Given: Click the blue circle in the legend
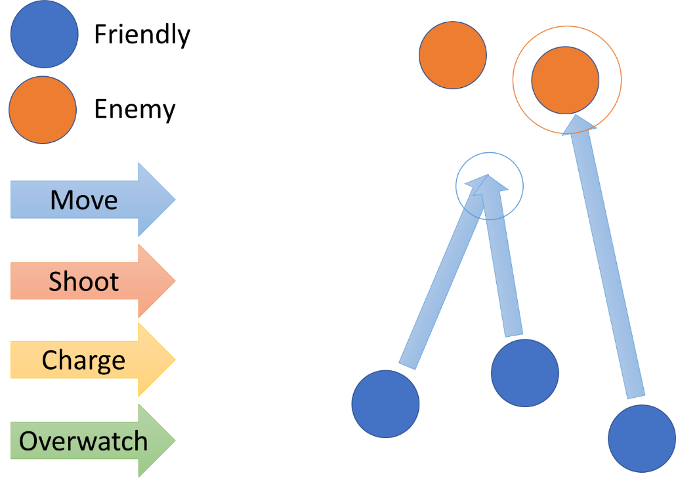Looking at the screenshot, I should pos(44,34).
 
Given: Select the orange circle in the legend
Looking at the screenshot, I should pos(43,110).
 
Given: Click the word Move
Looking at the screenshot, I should pos(84,200).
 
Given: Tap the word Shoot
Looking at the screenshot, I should pos(84,282).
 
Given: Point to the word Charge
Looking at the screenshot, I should pos(83,360).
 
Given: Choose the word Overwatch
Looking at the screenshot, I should pos(83,441).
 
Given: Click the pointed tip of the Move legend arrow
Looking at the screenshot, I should pos(174,200).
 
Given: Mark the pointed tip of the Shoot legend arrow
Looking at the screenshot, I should pos(174,281).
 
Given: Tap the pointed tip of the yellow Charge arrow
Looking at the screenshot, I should pos(174,360).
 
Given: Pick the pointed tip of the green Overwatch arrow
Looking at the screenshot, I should pos(174,441).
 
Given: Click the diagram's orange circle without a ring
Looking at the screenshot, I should pos(453,54).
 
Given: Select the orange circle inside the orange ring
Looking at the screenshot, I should pos(565,80).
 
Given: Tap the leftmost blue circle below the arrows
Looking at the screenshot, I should pos(385,404).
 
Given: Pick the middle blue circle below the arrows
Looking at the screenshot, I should pos(525,373).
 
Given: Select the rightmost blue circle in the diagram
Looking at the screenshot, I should pos(641,438).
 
